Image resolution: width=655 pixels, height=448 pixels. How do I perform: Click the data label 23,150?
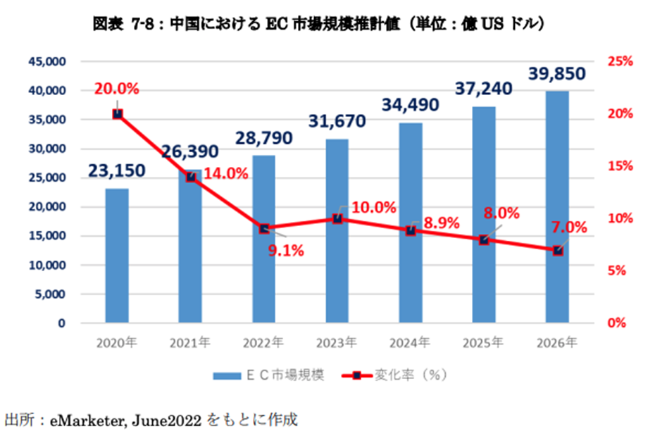click(117, 170)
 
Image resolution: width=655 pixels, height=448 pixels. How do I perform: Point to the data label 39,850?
click(556, 74)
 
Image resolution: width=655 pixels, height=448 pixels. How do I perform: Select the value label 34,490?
click(410, 105)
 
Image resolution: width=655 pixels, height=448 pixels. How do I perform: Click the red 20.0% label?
click(116, 89)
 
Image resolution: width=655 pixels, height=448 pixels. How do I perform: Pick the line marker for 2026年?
click(557, 250)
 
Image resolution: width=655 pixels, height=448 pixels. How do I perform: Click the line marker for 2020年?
click(118, 113)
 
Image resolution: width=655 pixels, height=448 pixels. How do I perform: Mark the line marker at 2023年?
click(337, 219)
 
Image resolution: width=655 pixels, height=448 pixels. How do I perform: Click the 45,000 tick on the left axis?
click(46, 62)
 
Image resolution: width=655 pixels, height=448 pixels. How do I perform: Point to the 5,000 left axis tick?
click(49, 294)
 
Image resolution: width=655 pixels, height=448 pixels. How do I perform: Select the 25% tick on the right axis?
click(619, 62)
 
